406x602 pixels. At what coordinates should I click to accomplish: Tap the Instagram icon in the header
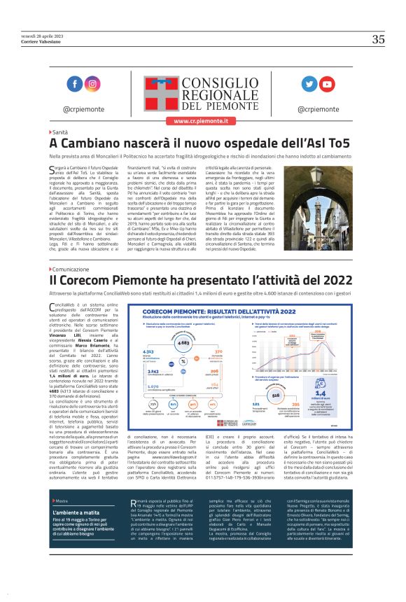click(x=92, y=84)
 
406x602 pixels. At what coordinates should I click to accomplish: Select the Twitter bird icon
click(x=309, y=84)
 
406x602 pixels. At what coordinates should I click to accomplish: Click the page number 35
click(x=378, y=40)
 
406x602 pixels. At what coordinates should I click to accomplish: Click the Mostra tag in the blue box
click(x=62, y=521)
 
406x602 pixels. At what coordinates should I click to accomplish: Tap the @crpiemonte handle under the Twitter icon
click(x=318, y=108)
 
